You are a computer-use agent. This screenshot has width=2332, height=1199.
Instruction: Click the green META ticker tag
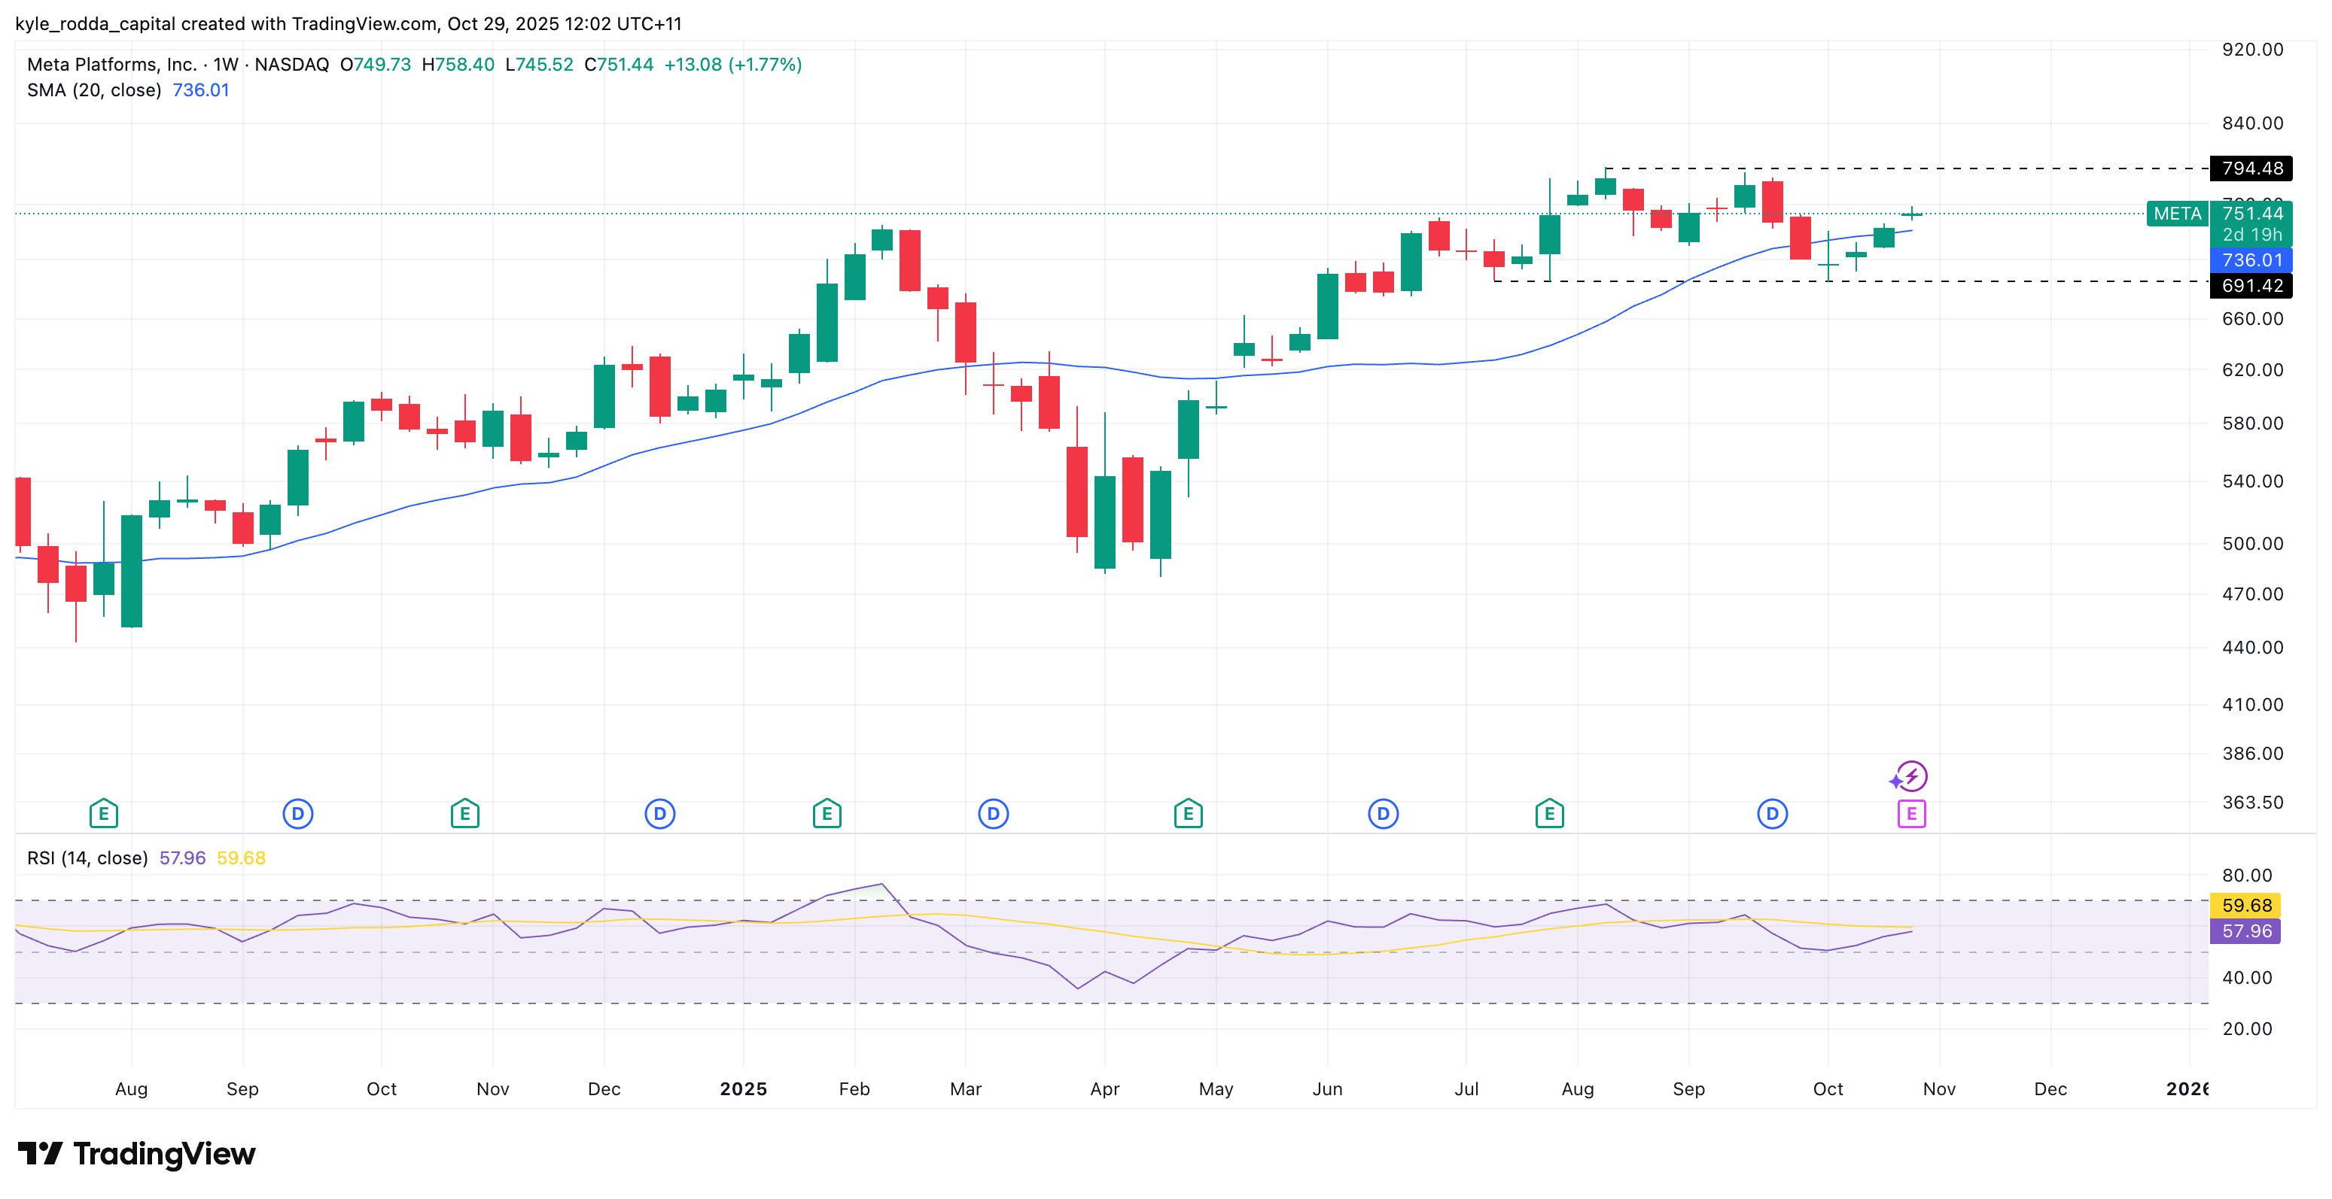[x=2176, y=214]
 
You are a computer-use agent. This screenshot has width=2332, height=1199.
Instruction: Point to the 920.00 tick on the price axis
[x=2251, y=50]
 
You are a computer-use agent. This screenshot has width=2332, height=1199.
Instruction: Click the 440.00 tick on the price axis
[x=2251, y=647]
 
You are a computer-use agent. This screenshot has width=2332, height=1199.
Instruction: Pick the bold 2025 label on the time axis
[x=742, y=1088]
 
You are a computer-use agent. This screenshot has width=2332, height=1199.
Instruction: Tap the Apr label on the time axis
[x=1104, y=1088]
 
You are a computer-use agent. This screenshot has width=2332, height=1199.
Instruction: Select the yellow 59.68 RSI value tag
[x=2245, y=905]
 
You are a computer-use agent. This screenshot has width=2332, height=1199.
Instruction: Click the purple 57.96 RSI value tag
[x=2245, y=931]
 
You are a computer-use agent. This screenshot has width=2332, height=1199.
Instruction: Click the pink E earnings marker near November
[x=1911, y=814]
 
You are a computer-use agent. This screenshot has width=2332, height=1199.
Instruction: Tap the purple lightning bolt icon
[x=1911, y=776]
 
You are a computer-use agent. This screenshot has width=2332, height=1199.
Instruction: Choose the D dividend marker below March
[x=993, y=814]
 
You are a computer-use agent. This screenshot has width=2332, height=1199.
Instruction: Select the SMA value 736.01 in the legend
[x=200, y=90]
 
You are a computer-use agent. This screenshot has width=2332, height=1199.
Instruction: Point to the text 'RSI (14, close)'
[x=87, y=858]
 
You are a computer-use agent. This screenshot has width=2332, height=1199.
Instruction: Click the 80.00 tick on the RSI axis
[x=2246, y=875]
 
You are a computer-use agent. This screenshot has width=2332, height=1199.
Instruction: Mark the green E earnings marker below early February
[x=827, y=814]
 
